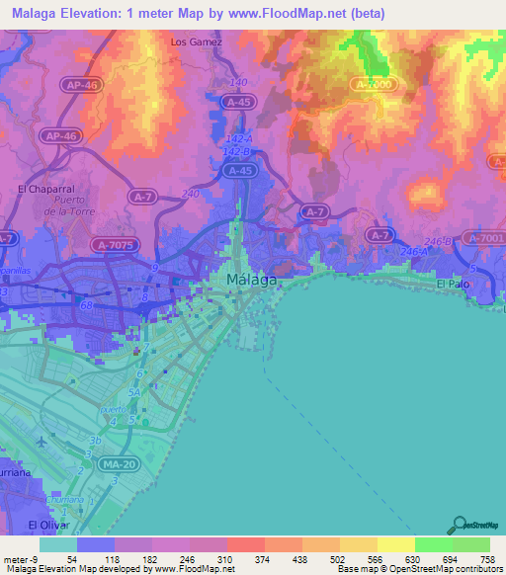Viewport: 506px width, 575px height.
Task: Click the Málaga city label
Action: click(251, 280)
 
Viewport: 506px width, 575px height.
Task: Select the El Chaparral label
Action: click(40, 188)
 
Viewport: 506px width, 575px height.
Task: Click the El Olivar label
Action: click(45, 525)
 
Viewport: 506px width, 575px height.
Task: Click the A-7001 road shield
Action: click(484, 238)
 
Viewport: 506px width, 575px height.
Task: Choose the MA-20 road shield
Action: click(121, 464)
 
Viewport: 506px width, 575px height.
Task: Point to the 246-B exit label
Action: click(436, 240)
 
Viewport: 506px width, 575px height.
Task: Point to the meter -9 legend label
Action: click(20, 559)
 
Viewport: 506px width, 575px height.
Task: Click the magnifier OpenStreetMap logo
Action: click(460, 525)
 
